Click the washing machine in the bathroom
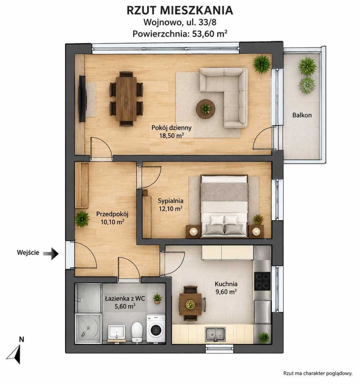click(x=156, y=329)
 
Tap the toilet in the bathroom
click(x=137, y=332)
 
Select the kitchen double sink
click(x=215, y=334)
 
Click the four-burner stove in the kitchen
click(x=262, y=281)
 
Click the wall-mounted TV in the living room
click(x=82, y=99)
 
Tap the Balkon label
click(x=302, y=115)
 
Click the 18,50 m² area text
click(x=172, y=136)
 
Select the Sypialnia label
click(x=170, y=201)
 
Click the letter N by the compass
click(x=22, y=340)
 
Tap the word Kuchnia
click(x=226, y=284)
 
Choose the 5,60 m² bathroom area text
click(x=125, y=306)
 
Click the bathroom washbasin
click(x=116, y=332)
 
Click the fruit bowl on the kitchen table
click(x=190, y=304)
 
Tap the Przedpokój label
click(x=112, y=214)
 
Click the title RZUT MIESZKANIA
click(x=180, y=10)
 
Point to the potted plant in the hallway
click(x=82, y=219)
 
